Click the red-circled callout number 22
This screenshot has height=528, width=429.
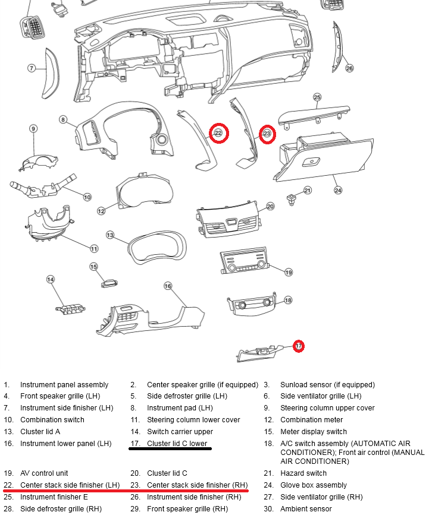click(218, 133)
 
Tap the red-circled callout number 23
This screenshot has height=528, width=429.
click(267, 134)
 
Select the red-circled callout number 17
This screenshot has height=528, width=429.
click(299, 345)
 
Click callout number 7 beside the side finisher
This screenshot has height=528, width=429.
click(32, 68)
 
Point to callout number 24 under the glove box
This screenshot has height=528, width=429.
click(338, 191)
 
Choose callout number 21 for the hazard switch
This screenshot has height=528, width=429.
click(308, 191)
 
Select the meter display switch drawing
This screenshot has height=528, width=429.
click(109, 282)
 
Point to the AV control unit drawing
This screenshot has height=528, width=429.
click(244, 262)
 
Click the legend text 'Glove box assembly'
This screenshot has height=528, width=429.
click(314, 485)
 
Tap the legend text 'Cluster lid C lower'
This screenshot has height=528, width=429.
click(177, 444)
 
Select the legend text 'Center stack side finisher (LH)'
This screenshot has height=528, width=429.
click(70, 485)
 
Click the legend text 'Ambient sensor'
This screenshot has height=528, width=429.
click(306, 509)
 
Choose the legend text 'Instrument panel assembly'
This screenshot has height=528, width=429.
click(64, 385)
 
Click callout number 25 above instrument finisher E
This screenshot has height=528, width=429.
click(317, 97)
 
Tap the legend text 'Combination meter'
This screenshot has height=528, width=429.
click(311, 420)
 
